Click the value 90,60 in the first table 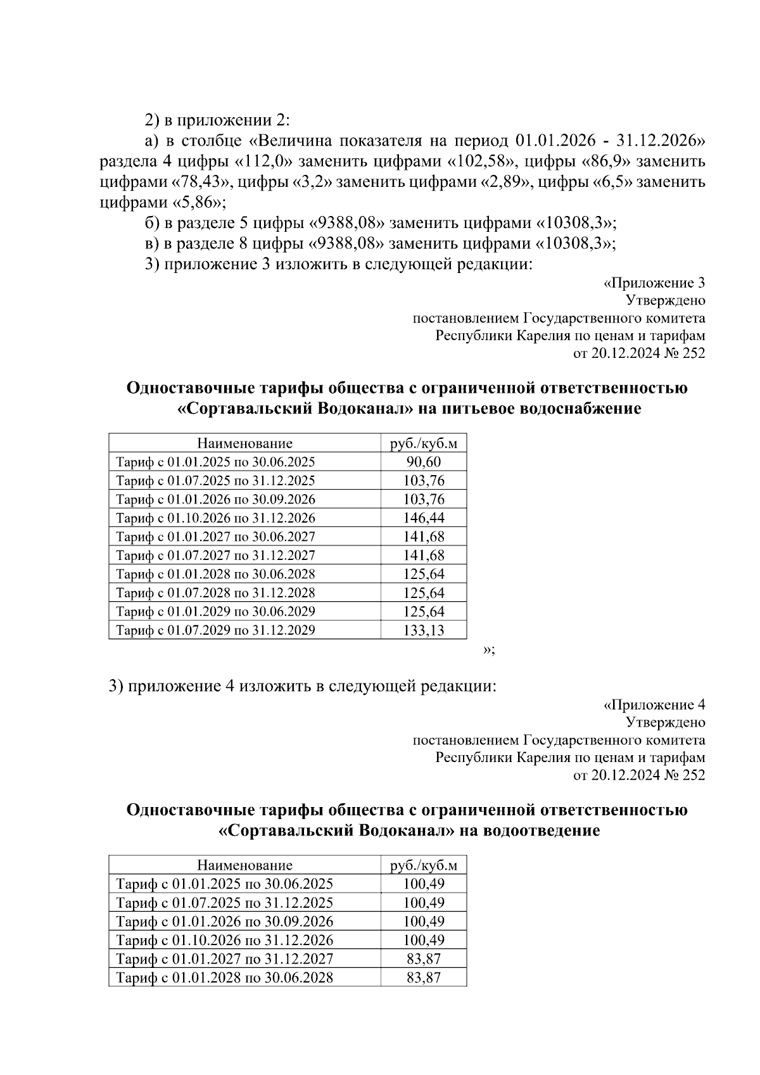pos(424,462)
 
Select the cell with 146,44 pos(424,518)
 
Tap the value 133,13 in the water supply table pos(424,630)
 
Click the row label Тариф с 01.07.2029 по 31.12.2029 pos(215,630)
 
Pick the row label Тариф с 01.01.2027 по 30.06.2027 pos(215,537)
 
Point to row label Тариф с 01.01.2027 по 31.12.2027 pos(224,958)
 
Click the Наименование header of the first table pos(244,443)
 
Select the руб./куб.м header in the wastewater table pos(424,865)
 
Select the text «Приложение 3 pos(654,283)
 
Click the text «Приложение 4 pos(654,704)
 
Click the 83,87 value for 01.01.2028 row pos(424,977)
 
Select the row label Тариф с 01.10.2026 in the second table pos(224,940)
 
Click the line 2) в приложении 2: pos(217,120)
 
